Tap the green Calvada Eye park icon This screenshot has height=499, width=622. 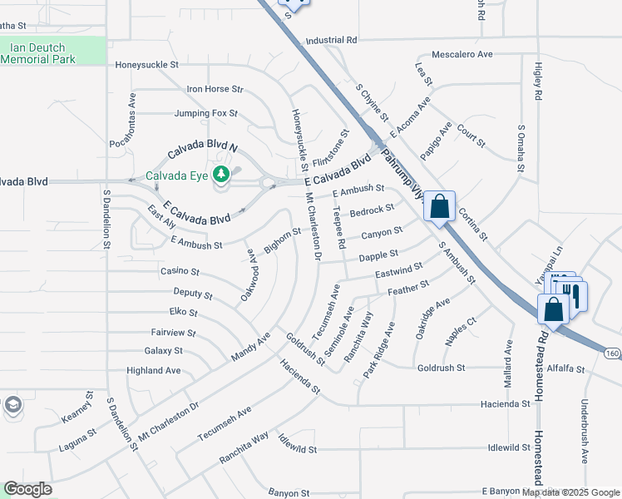(x=221, y=175)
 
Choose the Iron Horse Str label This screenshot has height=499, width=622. (x=215, y=89)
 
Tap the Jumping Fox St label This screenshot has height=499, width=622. (x=205, y=113)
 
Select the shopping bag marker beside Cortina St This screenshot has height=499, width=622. (x=439, y=205)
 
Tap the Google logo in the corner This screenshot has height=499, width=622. (x=27, y=489)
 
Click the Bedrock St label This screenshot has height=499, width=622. (x=371, y=210)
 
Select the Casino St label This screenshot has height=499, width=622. (x=180, y=271)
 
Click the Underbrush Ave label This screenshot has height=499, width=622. (x=584, y=433)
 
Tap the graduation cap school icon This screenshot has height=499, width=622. (x=12, y=405)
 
